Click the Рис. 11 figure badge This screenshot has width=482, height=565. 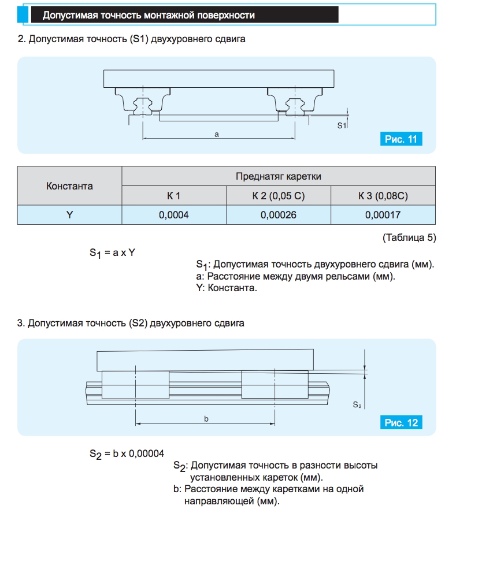click(x=401, y=139)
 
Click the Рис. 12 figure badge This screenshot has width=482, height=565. click(x=401, y=423)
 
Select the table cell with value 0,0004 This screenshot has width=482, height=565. click(x=174, y=215)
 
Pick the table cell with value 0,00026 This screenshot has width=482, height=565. click(x=278, y=215)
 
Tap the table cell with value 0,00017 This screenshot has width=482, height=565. click(x=383, y=215)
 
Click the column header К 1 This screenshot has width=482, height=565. click(x=174, y=196)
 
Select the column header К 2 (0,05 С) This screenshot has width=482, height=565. click(x=278, y=196)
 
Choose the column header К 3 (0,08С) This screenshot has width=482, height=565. click(x=383, y=196)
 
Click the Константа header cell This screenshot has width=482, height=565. click(x=69, y=186)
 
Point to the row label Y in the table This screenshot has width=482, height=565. click(x=69, y=215)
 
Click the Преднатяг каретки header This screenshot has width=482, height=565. click(x=278, y=176)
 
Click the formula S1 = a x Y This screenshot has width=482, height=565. click(x=112, y=252)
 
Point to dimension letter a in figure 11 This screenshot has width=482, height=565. click(x=217, y=134)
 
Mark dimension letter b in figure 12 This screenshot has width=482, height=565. click(x=206, y=419)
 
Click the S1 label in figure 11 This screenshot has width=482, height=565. click(x=342, y=125)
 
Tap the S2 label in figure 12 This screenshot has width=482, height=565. click(x=357, y=406)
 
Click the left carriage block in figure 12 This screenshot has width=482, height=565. click(x=136, y=384)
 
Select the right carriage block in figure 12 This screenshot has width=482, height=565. click(x=275, y=384)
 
